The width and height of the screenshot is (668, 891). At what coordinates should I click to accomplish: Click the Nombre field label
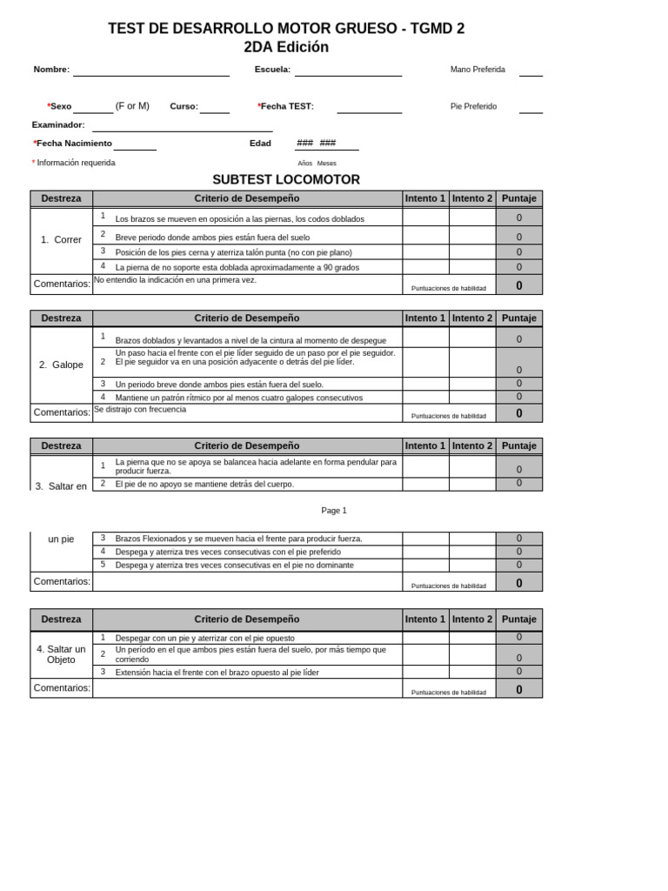click(x=51, y=70)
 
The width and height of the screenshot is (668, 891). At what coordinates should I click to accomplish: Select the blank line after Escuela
click(x=348, y=75)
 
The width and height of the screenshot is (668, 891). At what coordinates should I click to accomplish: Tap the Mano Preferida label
click(x=478, y=70)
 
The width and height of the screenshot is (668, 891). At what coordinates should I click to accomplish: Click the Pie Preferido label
click(x=474, y=106)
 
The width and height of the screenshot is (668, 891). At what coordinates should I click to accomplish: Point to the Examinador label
click(x=58, y=124)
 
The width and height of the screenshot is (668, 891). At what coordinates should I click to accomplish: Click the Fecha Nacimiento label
click(x=73, y=143)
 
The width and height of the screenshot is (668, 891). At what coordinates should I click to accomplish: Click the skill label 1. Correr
click(x=61, y=239)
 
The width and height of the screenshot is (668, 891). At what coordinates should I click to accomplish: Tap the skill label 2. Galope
click(x=61, y=365)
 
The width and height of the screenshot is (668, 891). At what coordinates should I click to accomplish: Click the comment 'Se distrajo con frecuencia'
click(x=140, y=409)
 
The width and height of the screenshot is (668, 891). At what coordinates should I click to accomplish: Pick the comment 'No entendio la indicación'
click(x=175, y=280)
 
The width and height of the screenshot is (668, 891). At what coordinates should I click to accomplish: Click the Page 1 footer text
click(x=334, y=511)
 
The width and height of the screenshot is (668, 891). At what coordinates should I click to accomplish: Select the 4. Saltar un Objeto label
click(x=61, y=654)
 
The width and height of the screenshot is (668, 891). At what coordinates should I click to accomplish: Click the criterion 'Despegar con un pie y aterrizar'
click(x=205, y=638)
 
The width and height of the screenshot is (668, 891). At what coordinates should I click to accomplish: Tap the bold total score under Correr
click(x=519, y=285)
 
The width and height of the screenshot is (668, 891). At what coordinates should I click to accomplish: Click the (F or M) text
click(x=132, y=106)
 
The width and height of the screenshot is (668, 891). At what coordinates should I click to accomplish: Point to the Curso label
click(x=184, y=106)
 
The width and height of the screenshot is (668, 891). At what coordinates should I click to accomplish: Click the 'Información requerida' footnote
click(x=76, y=163)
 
